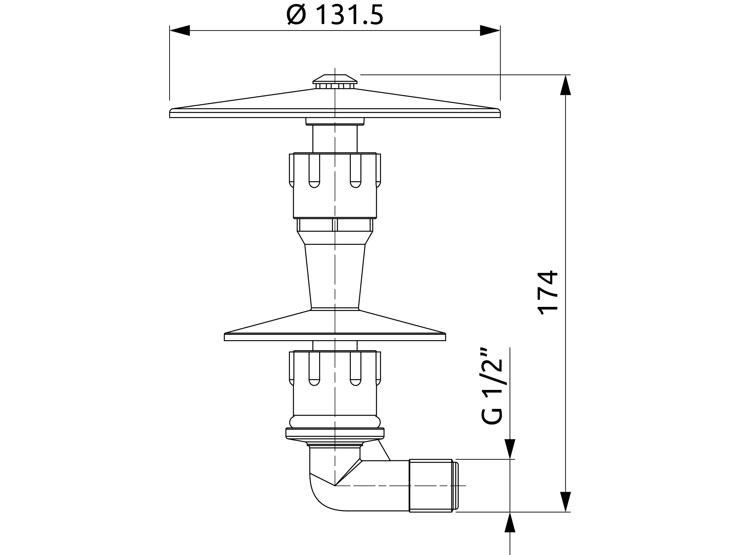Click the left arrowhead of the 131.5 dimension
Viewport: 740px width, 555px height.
[180, 30]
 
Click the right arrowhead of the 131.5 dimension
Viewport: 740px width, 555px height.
[490, 30]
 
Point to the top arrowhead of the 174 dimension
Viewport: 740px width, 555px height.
[565, 85]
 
